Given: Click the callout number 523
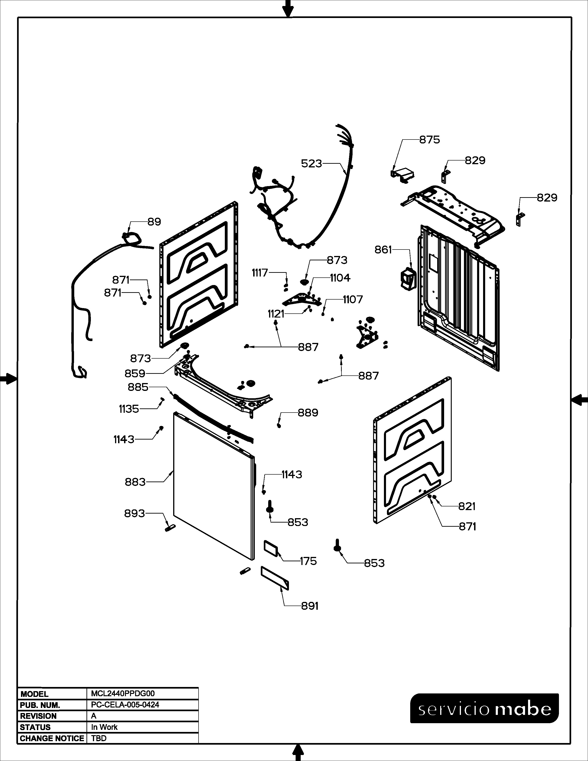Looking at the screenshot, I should pyautogui.click(x=312, y=163).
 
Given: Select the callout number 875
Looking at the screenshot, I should pyautogui.click(x=430, y=140).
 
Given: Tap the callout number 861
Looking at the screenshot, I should pyautogui.click(x=383, y=250).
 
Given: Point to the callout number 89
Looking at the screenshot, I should pyautogui.click(x=154, y=222).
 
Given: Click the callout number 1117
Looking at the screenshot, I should pyautogui.click(x=260, y=273).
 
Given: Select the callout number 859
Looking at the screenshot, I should pyautogui.click(x=135, y=374).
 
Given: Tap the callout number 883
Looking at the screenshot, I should pyautogui.click(x=135, y=482).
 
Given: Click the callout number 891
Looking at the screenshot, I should pyautogui.click(x=310, y=606).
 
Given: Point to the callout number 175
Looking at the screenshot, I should pyautogui.click(x=308, y=561).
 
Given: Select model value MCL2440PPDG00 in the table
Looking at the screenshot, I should pyautogui.click(x=123, y=694).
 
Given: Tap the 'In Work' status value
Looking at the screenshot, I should pyautogui.click(x=104, y=727).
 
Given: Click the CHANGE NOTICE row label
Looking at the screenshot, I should pyautogui.click(x=52, y=738).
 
